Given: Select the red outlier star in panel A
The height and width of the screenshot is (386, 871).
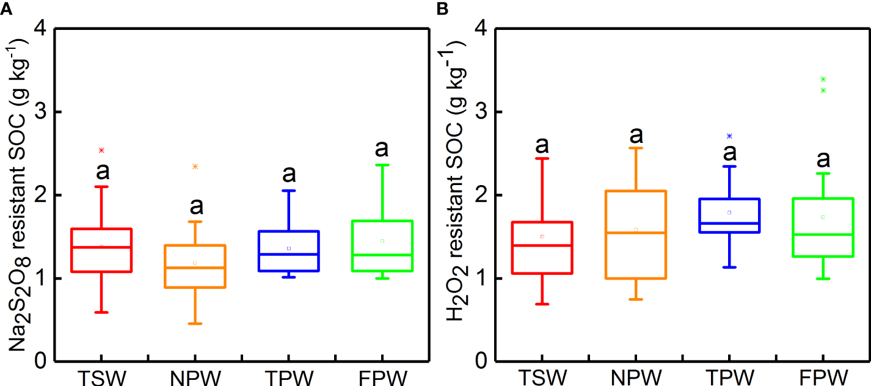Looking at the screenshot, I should coord(102,150).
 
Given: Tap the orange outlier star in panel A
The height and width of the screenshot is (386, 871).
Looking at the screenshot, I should coord(195,166).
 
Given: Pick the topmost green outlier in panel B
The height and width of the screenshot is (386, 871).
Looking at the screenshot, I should coord(823,79).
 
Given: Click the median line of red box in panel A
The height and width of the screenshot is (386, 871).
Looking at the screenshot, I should coord(102,247).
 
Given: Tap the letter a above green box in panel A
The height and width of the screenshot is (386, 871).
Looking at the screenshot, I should coord(382,148).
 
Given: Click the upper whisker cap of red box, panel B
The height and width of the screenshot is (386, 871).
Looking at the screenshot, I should coord(542,158).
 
